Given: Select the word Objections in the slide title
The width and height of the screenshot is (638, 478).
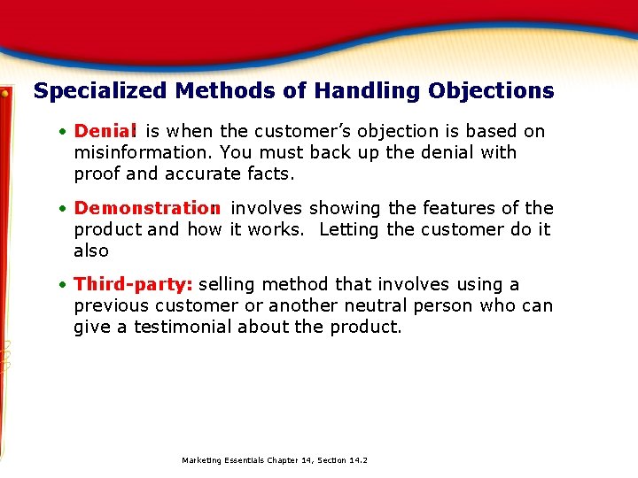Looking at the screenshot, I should point(491,91).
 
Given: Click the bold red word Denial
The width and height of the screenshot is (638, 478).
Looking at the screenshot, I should point(105,131).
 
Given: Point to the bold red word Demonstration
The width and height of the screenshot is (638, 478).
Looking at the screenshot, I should point(147,208).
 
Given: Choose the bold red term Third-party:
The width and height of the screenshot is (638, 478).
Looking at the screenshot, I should point(134,284).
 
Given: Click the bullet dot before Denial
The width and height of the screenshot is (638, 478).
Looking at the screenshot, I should point(64,132).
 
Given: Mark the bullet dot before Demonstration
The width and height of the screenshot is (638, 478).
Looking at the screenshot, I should point(64,209).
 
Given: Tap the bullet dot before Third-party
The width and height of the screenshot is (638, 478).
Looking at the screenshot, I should point(64,285).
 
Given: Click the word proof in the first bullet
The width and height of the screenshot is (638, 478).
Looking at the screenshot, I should point(97,174).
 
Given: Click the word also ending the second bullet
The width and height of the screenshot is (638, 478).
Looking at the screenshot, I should point(91,251).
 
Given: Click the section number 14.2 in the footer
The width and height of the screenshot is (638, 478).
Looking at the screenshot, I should point(358,460).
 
